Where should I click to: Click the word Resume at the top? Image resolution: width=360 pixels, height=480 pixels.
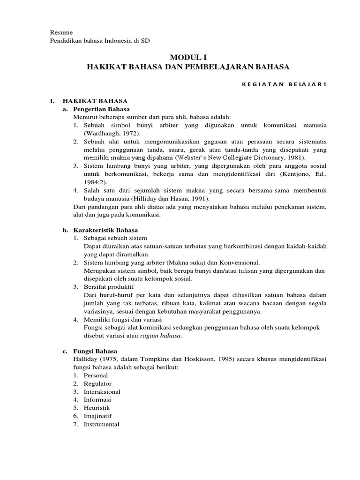pyautogui.click(x=61, y=32)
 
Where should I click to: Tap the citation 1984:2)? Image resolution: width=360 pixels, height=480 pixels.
pyautogui.click(x=94, y=182)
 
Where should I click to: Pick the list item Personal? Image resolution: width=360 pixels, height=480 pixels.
pyautogui.click(x=96, y=375)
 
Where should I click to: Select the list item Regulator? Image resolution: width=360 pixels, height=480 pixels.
pyautogui.click(x=97, y=383)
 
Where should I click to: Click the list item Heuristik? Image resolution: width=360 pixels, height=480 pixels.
pyautogui.click(x=97, y=408)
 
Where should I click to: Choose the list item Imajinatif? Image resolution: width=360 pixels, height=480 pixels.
pyautogui.click(x=97, y=416)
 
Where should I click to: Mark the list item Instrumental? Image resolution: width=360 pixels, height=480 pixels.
pyautogui.click(x=101, y=424)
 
